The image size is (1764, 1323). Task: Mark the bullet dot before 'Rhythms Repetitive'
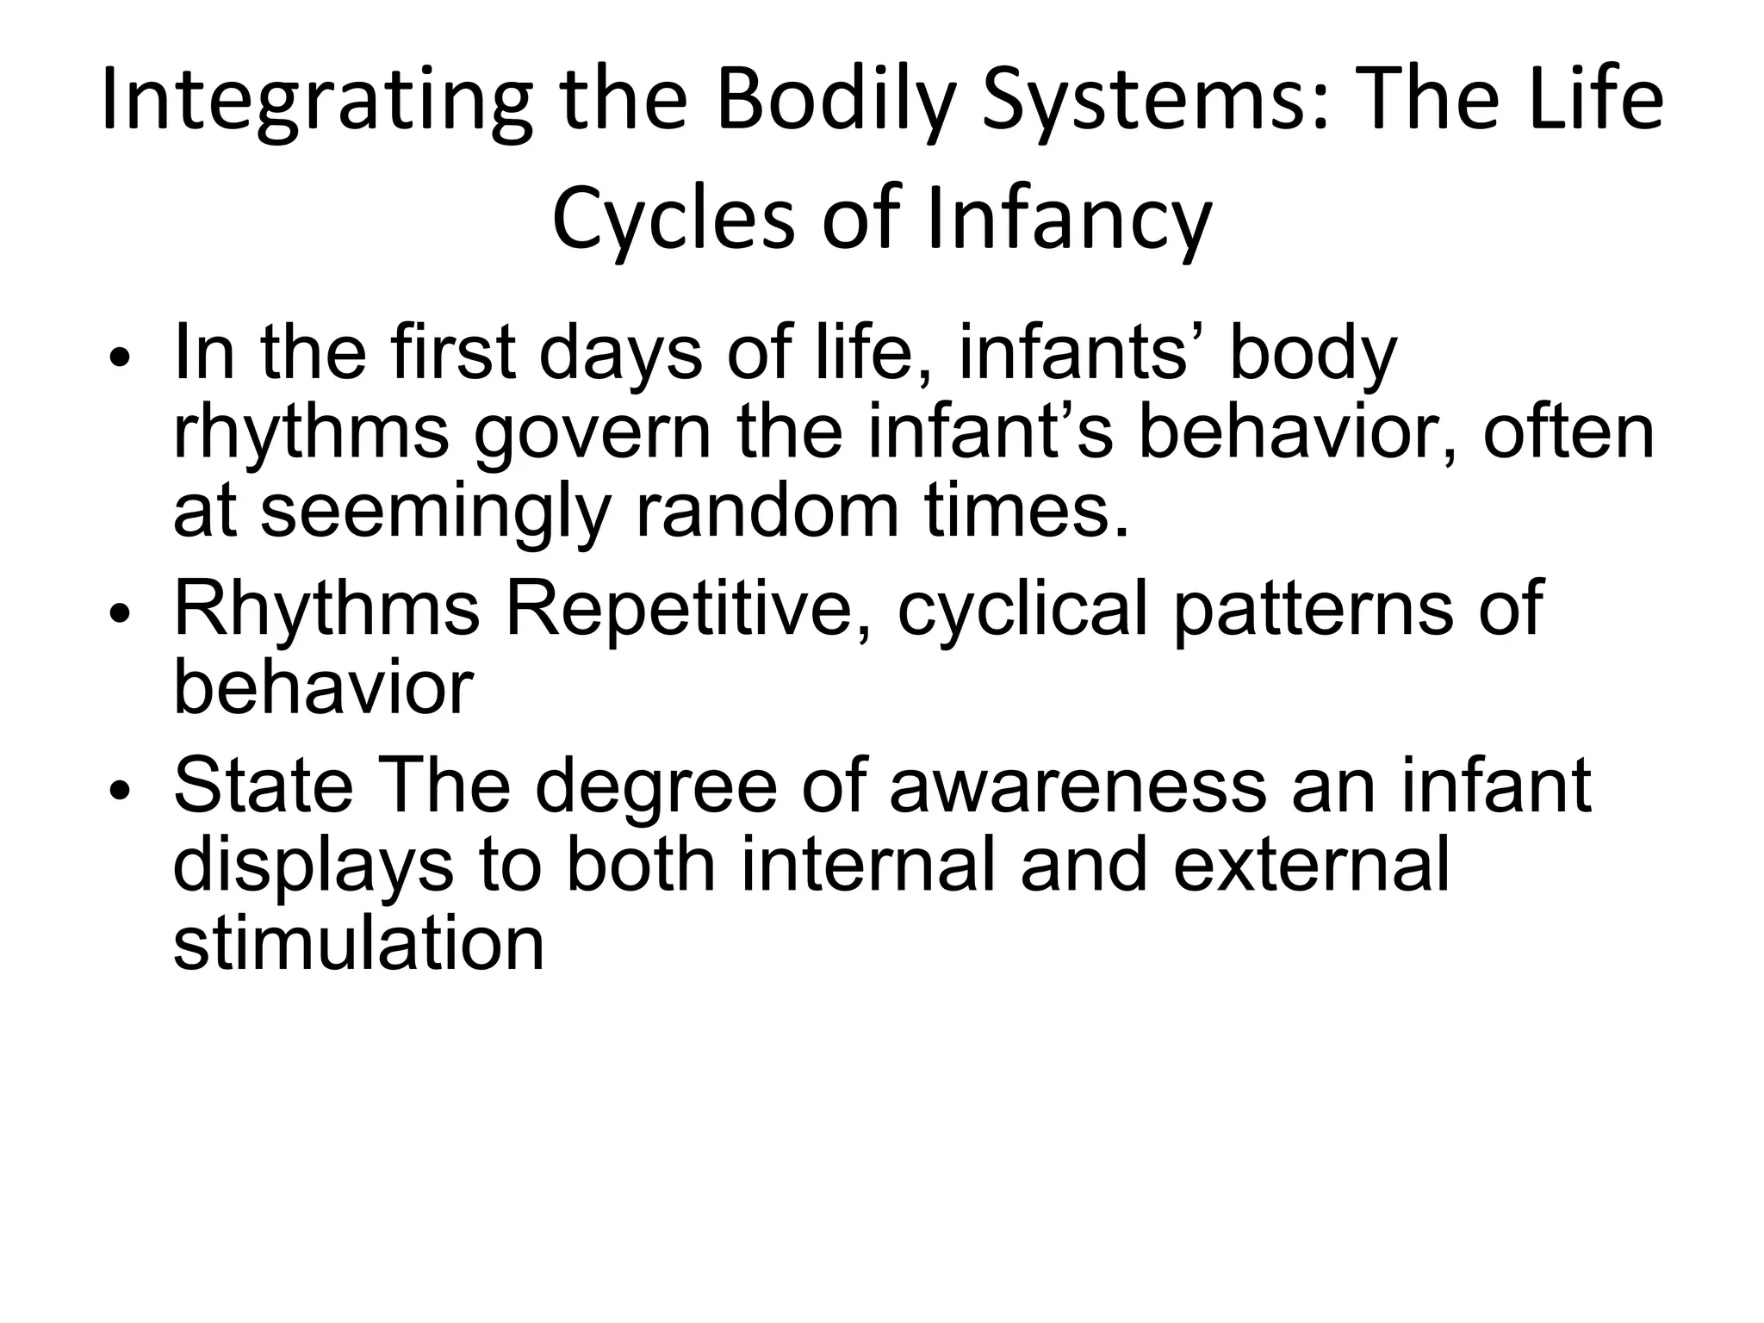pos(120,613)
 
